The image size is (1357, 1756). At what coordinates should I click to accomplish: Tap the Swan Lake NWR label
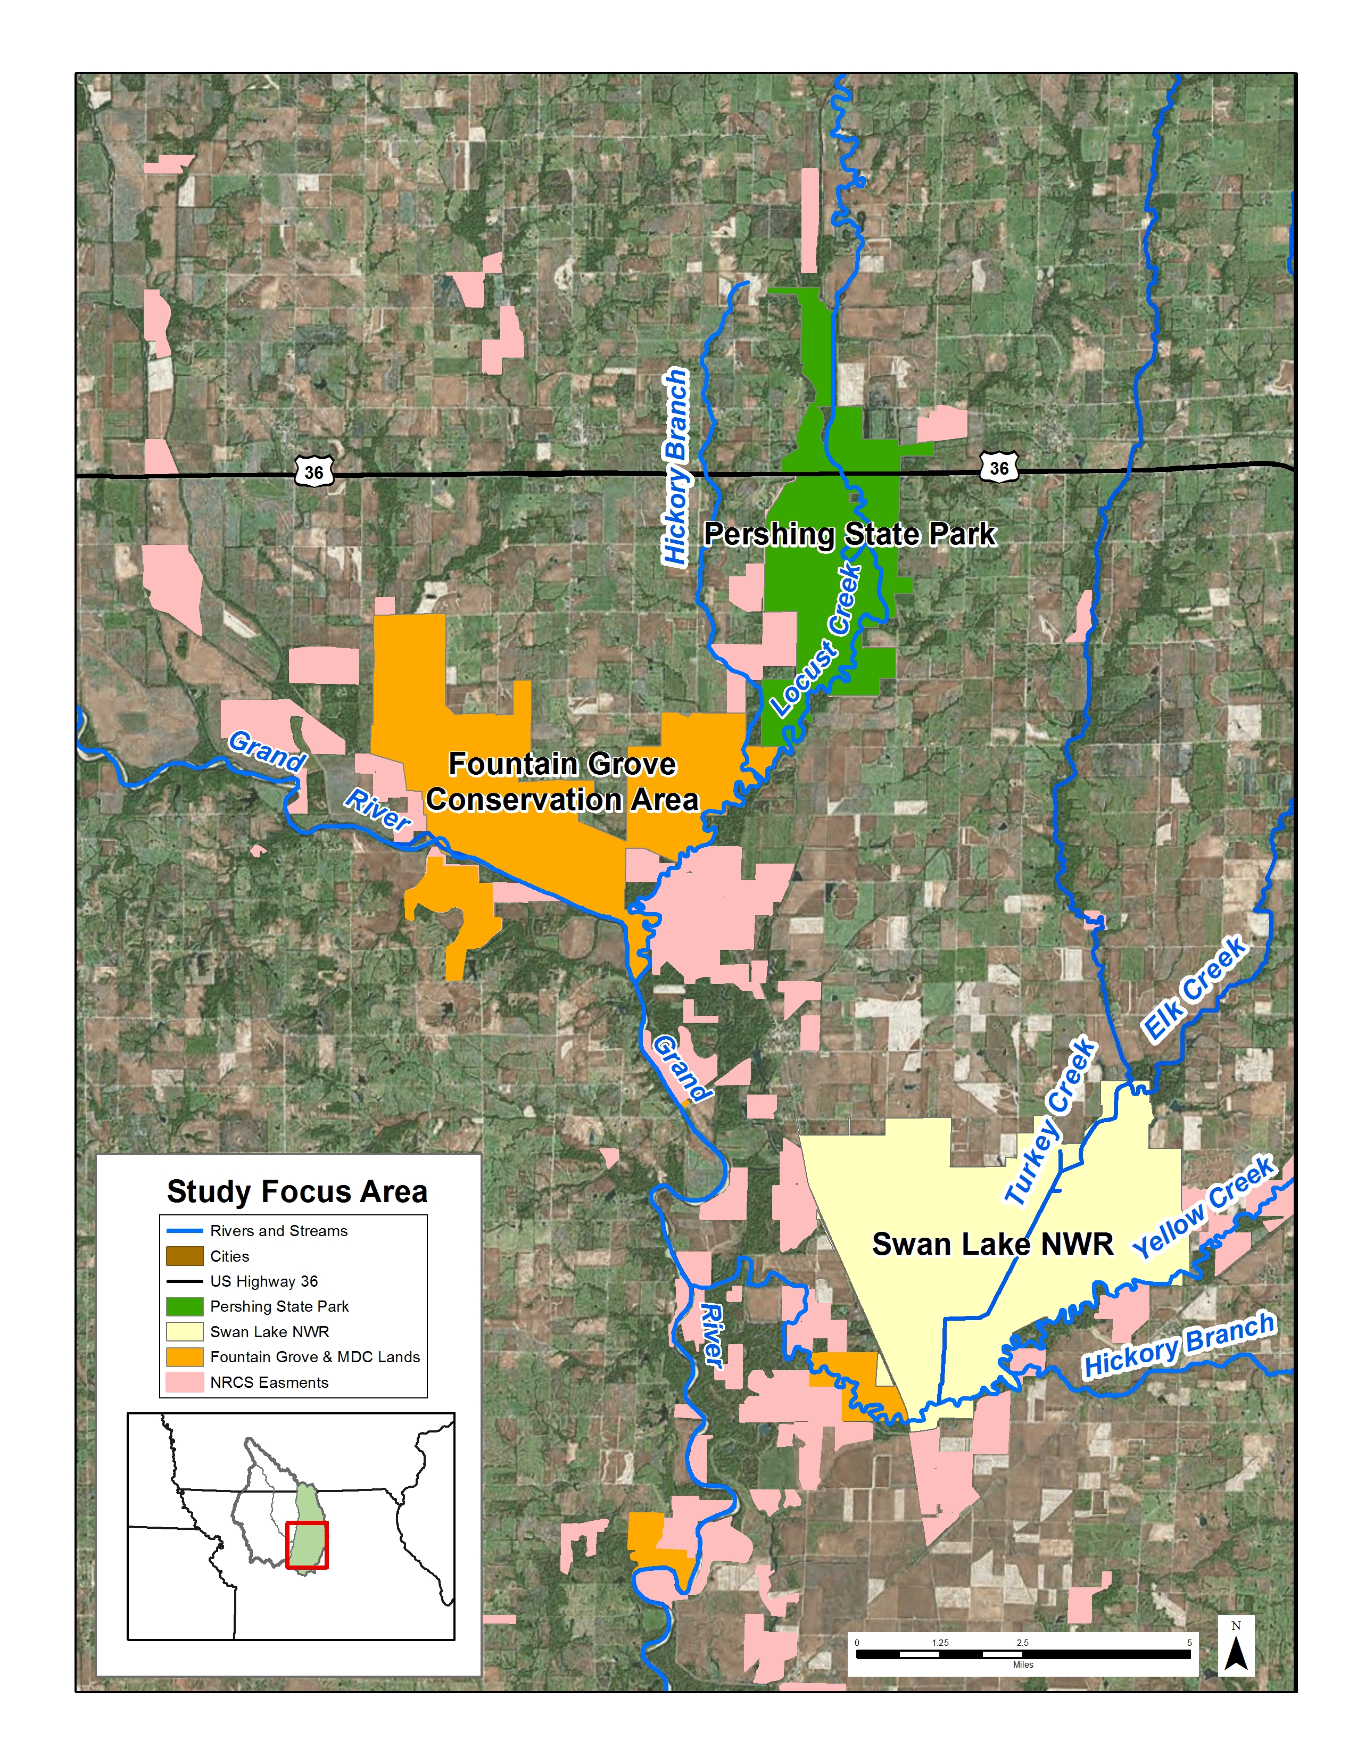[x=992, y=1244]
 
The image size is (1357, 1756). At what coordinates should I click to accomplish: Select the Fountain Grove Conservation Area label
[x=562, y=782]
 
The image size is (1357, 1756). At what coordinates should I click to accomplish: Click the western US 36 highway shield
[x=313, y=472]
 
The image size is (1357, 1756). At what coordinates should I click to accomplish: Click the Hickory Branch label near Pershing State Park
[x=675, y=466]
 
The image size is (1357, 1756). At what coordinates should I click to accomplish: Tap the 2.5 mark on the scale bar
[x=1022, y=1642]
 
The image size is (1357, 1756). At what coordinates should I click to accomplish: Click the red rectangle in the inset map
[x=307, y=1545]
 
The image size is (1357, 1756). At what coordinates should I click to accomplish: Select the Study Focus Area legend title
[x=296, y=1191]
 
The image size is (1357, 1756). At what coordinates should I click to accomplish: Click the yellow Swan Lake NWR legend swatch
[x=184, y=1331]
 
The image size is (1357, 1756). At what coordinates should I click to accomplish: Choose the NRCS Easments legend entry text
[x=269, y=1382]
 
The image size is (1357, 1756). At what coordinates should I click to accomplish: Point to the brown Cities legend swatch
[x=184, y=1256]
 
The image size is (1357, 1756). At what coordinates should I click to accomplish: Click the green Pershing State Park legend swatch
[x=184, y=1306]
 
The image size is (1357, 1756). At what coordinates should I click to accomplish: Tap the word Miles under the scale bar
[x=1023, y=1664]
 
